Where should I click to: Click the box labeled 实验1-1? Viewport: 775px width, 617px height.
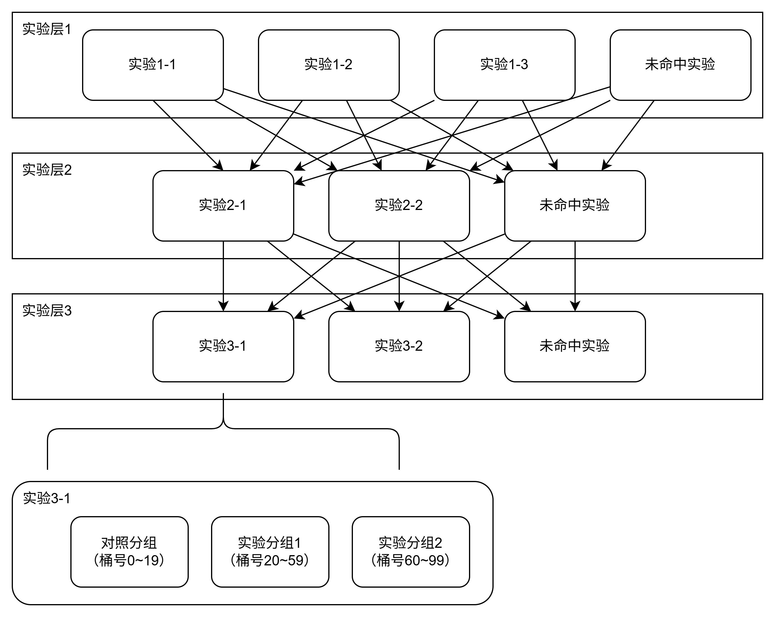click(x=153, y=65)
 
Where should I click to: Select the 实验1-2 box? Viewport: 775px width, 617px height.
click(x=329, y=65)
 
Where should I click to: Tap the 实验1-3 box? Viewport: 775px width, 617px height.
click(x=504, y=65)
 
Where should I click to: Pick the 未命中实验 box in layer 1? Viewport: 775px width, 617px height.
click(x=680, y=65)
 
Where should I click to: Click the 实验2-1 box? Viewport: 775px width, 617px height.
click(x=223, y=206)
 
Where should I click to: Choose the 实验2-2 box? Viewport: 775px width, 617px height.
click(x=399, y=206)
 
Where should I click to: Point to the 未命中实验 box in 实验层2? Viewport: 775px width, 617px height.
click(x=575, y=206)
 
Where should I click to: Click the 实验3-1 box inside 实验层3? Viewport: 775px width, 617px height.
click(x=223, y=346)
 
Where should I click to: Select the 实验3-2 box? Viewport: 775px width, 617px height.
click(x=399, y=346)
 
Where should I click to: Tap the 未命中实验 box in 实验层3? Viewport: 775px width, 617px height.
click(x=575, y=346)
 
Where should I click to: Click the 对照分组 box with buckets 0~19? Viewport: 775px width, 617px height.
click(x=129, y=552)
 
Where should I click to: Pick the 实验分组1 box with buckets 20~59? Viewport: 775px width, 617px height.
click(x=270, y=552)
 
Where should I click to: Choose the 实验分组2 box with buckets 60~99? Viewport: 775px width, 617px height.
click(x=411, y=552)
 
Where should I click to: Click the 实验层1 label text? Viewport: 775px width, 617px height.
click(x=47, y=29)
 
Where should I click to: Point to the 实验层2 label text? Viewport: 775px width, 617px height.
click(x=47, y=170)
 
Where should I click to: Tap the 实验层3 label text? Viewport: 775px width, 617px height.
click(x=47, y=310)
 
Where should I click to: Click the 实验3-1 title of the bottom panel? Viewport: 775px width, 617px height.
click(x=47, y=498)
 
